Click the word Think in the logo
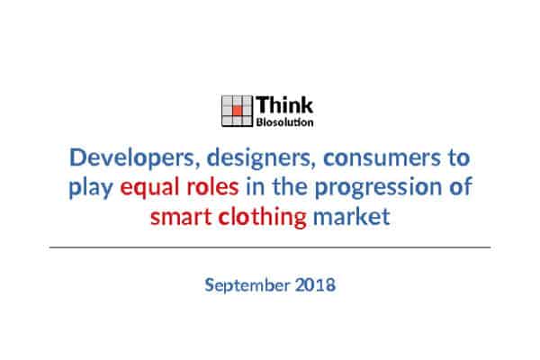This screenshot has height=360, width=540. (284, 104)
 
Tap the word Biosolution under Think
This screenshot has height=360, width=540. (284, 122)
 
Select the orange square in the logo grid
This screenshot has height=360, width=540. (237, 111)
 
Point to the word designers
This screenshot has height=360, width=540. (261, 157)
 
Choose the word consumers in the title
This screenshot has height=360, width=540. (382, 157)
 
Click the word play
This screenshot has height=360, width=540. (91, 188)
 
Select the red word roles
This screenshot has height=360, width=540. (212, 186)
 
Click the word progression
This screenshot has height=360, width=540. (378, 188)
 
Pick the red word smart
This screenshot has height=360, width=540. (181, 217)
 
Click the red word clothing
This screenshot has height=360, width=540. (263, 218)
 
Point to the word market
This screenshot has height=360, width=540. (352, 216)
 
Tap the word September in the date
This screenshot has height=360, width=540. (247, 286)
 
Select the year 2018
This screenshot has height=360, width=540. (315, 285)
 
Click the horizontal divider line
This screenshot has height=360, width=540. (270, 247)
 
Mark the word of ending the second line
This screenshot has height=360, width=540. (460, 186)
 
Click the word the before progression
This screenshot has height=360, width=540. (290, 186)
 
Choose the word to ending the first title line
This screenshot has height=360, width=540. (459, 157)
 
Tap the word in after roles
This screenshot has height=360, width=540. (256, 186)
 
